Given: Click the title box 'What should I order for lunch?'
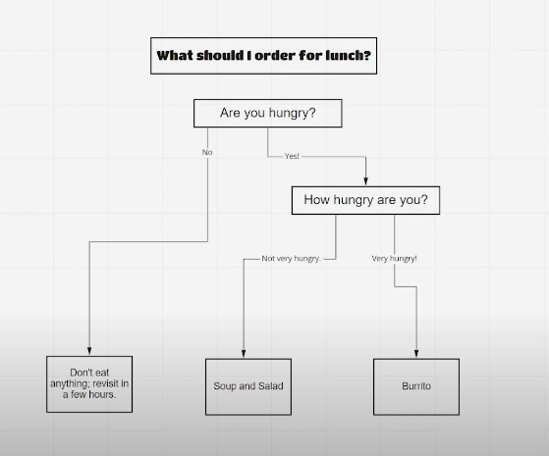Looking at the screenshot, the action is pyautogui.click(x=263, y=56).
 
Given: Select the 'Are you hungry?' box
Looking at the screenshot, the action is pyautogui.click(x=268, y=113).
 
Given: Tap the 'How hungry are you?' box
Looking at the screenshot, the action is pyautogui.click(x=365, y=200).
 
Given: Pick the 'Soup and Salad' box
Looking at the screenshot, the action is pyautogui.click(x=248, y=386).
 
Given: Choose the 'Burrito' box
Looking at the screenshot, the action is pyautogui.click(x=416, y=386).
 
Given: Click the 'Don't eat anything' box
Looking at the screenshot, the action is pyautogui.click(x=89, y=384).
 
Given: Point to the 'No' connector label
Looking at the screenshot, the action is pyautogui.click(x=207, y=152).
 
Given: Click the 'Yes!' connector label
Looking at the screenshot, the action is pyautogui.click(x=292, y=156).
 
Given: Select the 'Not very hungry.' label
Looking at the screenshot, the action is pyautogui.click(x=292, y=259).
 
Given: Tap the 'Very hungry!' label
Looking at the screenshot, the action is pyautogui.click(x=394, y=259).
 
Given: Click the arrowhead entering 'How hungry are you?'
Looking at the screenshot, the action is pyautogui.click(x=365, y=181).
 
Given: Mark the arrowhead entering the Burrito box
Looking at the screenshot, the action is pyautogui.click(x=416, y=354).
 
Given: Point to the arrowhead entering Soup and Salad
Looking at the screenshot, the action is pyautogui.click(x=244, y=354).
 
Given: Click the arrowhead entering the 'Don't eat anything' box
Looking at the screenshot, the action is pyautogui.click(x=89, y=351).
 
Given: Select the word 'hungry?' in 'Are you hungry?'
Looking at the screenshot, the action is pyautogui.click(x=293, y=114).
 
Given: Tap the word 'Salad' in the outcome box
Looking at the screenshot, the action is pyautogui.click(x=271, y=386).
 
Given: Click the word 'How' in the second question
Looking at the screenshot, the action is pyautogui.click(x=317, y=200).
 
